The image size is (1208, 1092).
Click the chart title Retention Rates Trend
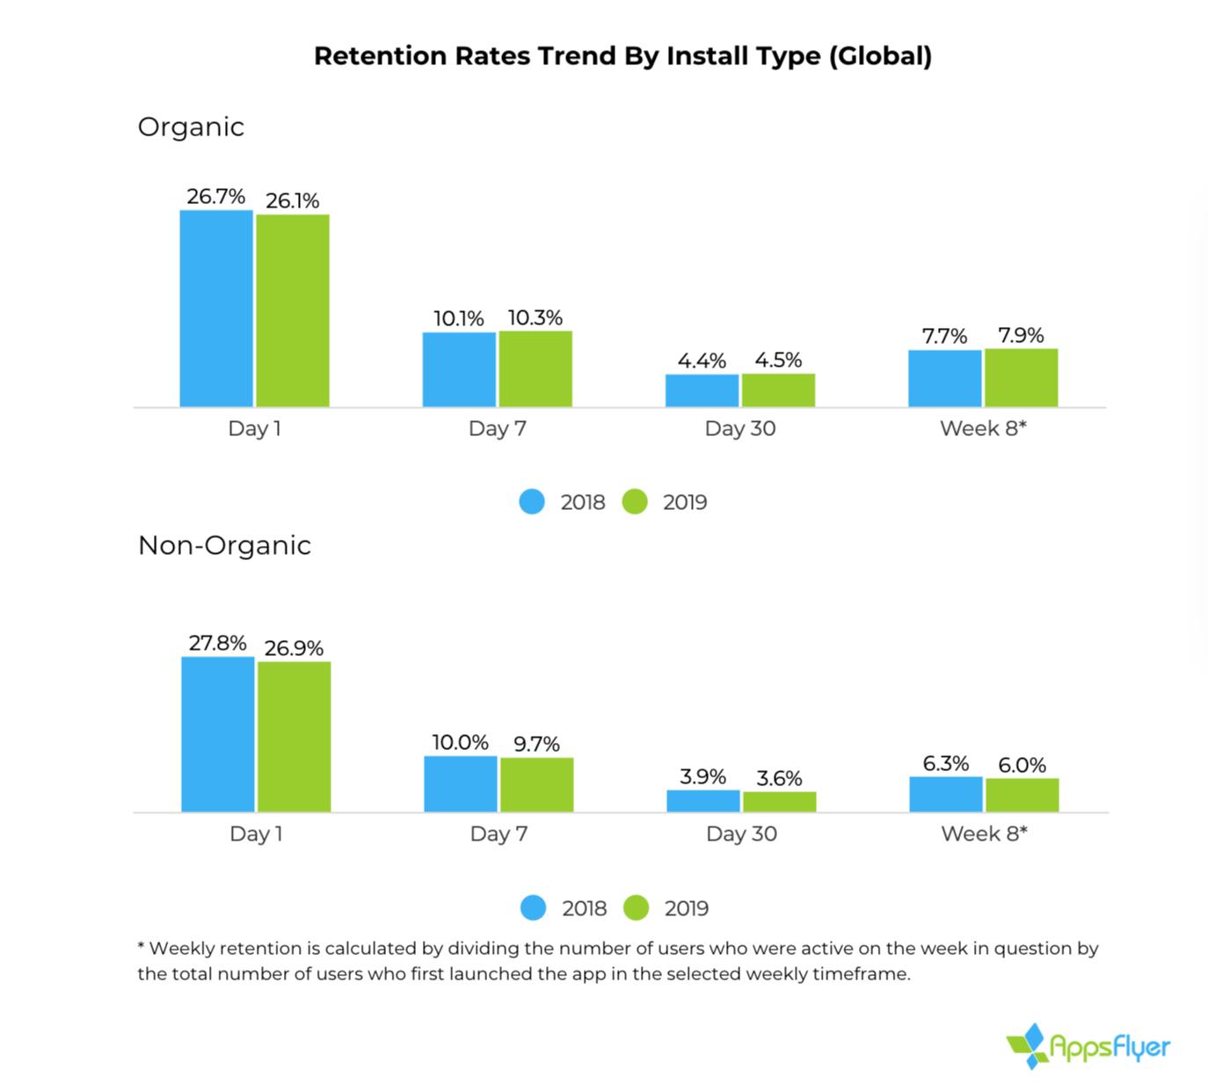(622, 56)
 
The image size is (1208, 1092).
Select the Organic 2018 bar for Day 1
(216, 309)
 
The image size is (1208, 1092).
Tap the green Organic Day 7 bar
(535, 369)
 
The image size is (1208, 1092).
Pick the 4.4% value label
(702, 360)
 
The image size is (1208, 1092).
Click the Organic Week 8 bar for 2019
(1021, 378)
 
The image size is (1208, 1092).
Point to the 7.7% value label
(944, 336)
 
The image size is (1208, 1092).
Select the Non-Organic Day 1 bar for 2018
(218, 734)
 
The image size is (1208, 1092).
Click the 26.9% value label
(294, 648)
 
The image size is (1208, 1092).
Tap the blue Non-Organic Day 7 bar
(461, 784)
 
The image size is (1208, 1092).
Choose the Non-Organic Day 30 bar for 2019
(779, 802)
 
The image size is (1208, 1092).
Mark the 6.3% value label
(946, 763)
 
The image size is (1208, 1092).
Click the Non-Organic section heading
(224, 545)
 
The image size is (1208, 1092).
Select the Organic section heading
(191, 127)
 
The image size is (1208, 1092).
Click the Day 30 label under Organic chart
(740, 429)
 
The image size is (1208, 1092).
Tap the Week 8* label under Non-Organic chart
(984, 834)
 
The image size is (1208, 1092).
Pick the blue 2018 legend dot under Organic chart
(532, 502)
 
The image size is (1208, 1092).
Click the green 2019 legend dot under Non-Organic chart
(636, 908)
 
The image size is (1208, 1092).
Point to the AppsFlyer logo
(1088, 1046)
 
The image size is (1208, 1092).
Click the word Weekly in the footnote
(181, 949)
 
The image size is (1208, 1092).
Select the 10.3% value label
(535, 317)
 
